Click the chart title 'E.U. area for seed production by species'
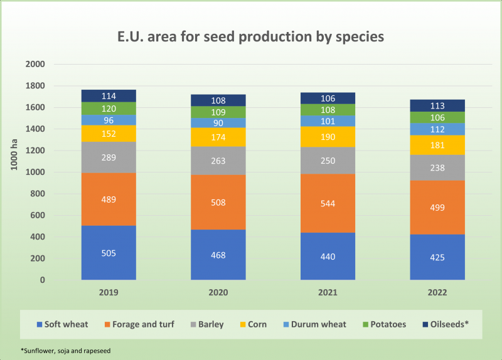(250, 36)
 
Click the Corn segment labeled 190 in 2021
(328, 136)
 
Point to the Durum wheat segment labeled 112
(437, 129)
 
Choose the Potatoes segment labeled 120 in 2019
(109, 109)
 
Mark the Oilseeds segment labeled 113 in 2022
(437, 105)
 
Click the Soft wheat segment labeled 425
(437, 257)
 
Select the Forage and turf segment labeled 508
(218, 202)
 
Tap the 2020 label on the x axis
(218, 292)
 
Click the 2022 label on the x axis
(437, 292)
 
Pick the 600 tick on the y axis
(38, 215)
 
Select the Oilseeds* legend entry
(446, 324)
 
